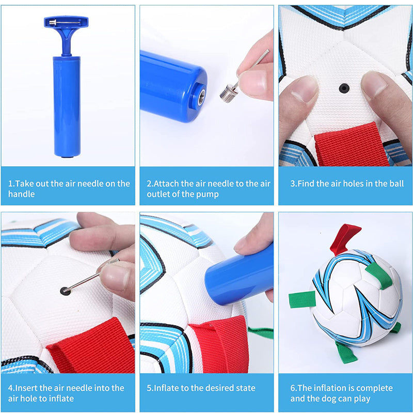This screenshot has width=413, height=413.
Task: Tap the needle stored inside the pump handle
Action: pyautogui.click(x=65, y=23)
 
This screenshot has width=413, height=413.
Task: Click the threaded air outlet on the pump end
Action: pyautogui.click(x=201, y=97)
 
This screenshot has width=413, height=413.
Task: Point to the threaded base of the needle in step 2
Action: pyautogui.click(x=229, y=93)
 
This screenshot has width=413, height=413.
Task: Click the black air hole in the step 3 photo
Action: pyautogui.click(x=344, y=88)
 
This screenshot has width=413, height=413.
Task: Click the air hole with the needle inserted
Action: pyautogui.click(x=65, y=291)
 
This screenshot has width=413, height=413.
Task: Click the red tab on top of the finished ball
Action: pyautogui.click(x=343, y=239)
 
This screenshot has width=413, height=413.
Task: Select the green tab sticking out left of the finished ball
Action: pyautogui.click(x=302, y=299)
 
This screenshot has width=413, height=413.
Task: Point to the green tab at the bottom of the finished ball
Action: pyautogui.click(x=346, y=353)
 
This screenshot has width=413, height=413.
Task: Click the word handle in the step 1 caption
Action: pyautogui.click(x=22, y=194)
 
